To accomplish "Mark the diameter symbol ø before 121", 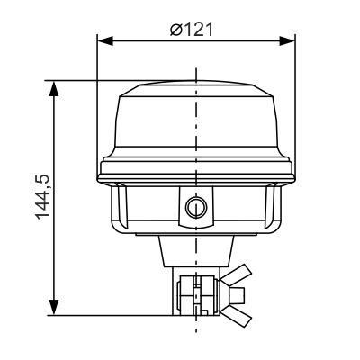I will tap(176, 29).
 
